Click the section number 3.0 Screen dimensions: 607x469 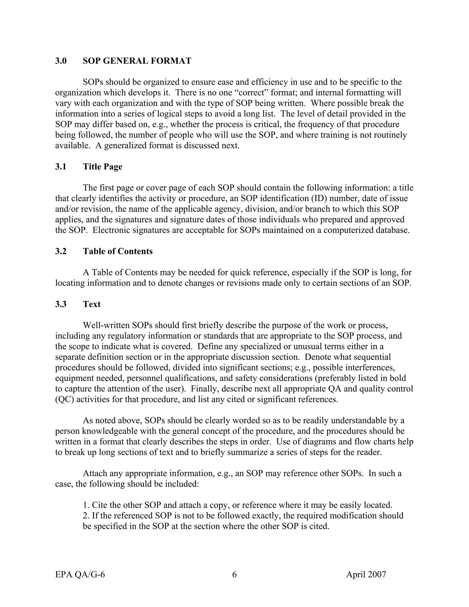pyautogui.click(x=61, y=61)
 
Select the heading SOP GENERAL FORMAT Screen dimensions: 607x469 pyautogui.click(x=137, y=61)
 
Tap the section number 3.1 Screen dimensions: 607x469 pyautogui.click(x=61, y=167)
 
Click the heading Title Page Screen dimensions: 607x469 pyautogui.click(x=103, y=167)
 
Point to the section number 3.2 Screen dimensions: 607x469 pyautogui.click(x=61, y=251)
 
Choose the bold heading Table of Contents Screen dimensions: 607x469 pyautogui.click(x=118, y=251)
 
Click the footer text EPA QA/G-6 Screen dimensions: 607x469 pyautogui.click(x=80, y=574)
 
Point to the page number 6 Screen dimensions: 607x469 pyautogui.click(x=234, y=574)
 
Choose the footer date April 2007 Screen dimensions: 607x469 pyautogui.click(x=366, y=574)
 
